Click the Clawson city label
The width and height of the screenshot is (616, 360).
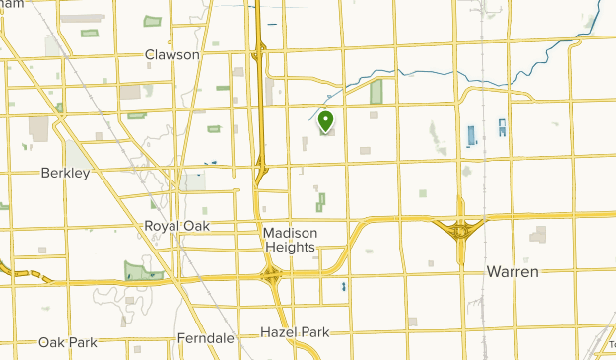(x=171, y=55)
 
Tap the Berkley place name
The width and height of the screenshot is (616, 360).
(x=65, y=173)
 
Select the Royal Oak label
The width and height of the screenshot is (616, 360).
(x=177, y=226)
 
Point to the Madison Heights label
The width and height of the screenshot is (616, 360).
(x=290, y=240)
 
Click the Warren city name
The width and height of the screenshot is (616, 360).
(x=513, y=271)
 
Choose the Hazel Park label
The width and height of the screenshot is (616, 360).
(x=295, y=332)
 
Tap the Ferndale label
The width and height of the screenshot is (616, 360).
(x=206, y=337)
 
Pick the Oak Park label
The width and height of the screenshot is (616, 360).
(x=68, y=342)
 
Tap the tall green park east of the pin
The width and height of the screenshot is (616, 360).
(x=376, y=93)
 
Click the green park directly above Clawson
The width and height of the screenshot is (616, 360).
(x=152, y=21)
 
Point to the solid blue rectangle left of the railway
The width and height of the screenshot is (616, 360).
(x=469, y=135)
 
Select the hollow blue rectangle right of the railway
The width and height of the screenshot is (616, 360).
(x=502, y=128)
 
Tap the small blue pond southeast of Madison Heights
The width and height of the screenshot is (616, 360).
(x=343, y=287)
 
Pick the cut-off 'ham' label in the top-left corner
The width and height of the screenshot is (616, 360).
(x=12, y=4)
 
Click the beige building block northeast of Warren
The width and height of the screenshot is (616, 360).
(x=538, y=234)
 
